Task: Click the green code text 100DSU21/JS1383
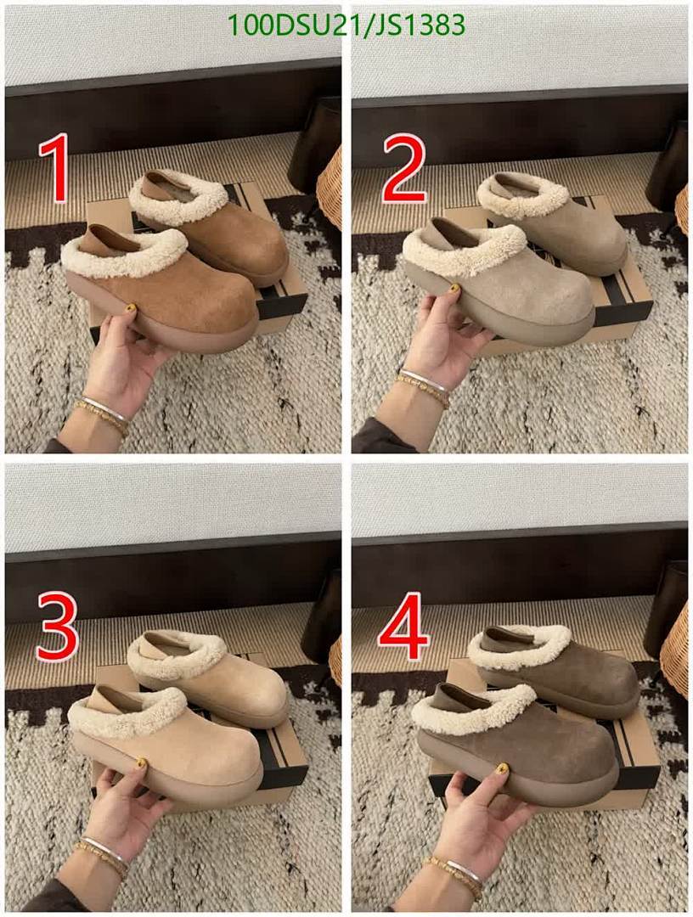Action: point(347,25)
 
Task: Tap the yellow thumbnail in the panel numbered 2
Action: point(455,289)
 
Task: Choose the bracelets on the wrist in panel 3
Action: point(101,852)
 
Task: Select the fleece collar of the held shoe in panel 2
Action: point(450,250)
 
